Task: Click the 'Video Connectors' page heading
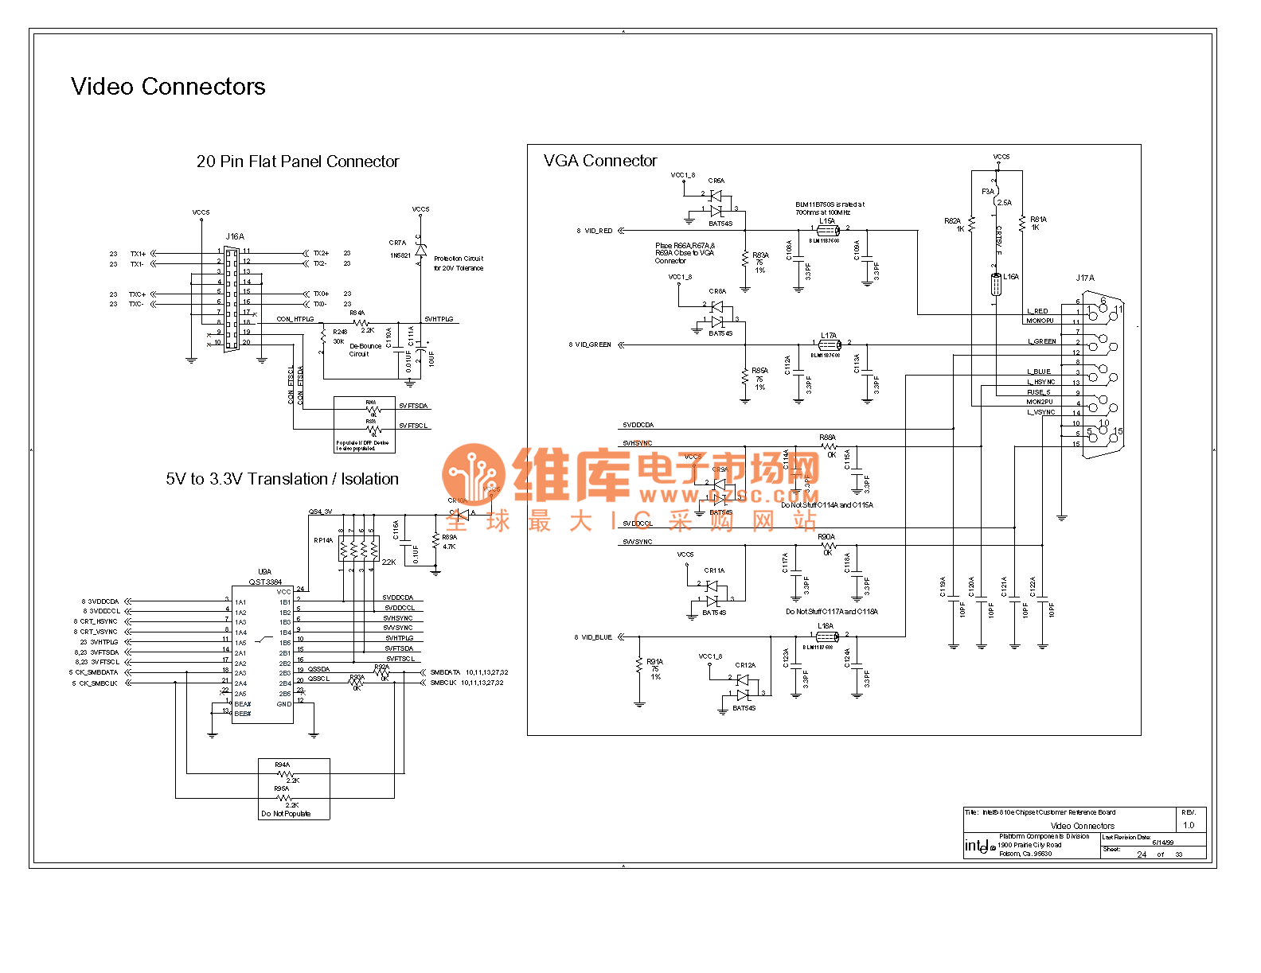click(x=168, y=87)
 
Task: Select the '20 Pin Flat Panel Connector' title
click(x=297, y=162)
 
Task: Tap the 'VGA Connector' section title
click(x=600, y=161)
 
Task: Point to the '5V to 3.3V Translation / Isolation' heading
click(x=282, y=479)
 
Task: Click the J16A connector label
click(x=235, y=236)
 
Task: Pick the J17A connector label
click(x=1085, y=278)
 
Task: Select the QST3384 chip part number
click(x=265, y=582)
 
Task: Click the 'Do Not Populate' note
click(x=286, y=814)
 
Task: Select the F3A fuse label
click(x=987, y=192)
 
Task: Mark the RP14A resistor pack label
click(x=323, y=540)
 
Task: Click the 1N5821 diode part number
click(x=400, y=255)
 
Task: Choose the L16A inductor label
click(x=1010, y=277)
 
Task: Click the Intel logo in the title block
click(x=980, y=847)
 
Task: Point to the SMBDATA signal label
click(x=445, y=672)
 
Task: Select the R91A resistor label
click(x=654, y=661)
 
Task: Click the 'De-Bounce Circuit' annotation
click(x=365, y=350)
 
